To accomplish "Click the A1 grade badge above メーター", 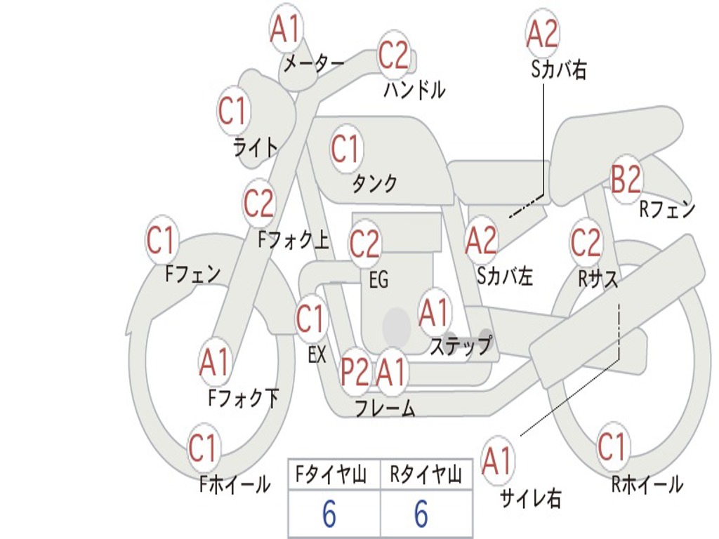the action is (x=286, y=30).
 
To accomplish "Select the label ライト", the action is (x=255, y=147).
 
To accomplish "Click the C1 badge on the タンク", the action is (x=345, y=149).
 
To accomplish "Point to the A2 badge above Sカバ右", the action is (x=542, y=34).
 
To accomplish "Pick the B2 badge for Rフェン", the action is (x=626, y=180).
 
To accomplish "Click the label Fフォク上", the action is (x=293, y=241).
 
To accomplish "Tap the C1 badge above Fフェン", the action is (x=161, y=241).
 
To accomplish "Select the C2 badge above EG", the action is (x=364, y=244).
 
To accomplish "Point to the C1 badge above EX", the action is (x=311, y=320).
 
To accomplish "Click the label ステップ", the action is (x=461, y=345).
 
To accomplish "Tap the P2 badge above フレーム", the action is (x=355, y=373).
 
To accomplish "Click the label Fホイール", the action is (x=235, y=484).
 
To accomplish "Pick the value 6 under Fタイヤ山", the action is (x=329, y=515).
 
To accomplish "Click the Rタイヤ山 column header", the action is (x=426, y=476).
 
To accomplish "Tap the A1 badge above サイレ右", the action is (x=497, y=461).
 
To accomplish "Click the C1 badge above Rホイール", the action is (x=612, y=447).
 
